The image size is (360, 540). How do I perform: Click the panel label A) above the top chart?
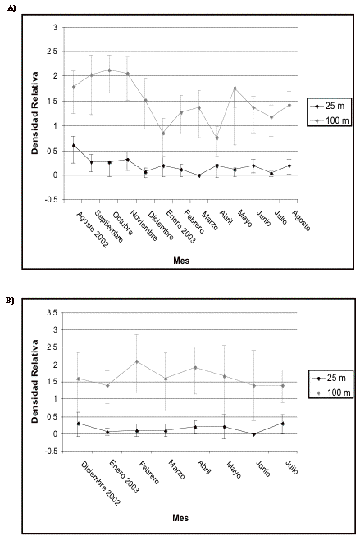click(x=11, y=9)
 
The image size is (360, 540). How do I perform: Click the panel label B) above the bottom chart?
click(x=10, y=300)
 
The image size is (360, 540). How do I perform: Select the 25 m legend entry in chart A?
click(x=330, y=106)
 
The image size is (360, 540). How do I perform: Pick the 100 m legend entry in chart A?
click(x=330, y=120)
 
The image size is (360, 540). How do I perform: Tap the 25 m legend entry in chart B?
click(x=330, y=378)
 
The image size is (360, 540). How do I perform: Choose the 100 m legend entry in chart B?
click(x=330, y=393)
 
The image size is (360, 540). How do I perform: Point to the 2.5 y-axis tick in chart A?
click(x=52, y=52)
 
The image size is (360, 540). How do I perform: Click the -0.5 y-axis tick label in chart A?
click(x=51, y=200)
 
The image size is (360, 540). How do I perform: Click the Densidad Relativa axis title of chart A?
click(x=34, y=113)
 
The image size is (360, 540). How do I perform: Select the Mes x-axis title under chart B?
click(x=180, y=518)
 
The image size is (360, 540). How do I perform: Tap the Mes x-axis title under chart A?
click(x=181, y=261)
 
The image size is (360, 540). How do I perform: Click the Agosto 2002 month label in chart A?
click(x=93, y=229)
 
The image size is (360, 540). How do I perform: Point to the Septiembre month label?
click(x=108, y=226)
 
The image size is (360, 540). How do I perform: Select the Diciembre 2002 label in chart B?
click(x=101, y=483)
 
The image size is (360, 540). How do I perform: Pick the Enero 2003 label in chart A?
click(x=181, y=227)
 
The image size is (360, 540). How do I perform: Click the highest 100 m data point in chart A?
click(x=110, y=70)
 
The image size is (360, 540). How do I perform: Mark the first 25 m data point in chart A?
click(x=74, y=145)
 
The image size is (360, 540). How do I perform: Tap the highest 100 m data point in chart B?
click(x=137, y=361)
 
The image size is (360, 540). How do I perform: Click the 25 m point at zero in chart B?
click(x=254, y=434)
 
